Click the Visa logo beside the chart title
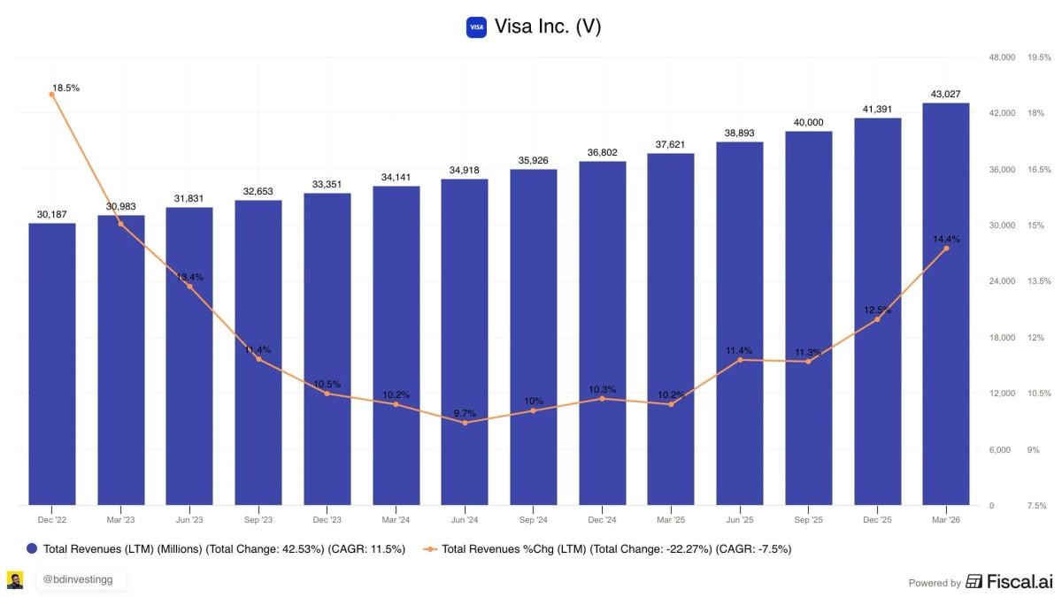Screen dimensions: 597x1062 tap(476, 27)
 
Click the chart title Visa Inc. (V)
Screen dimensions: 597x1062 tap(548, 27)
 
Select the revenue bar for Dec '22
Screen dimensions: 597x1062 tap(52, 363)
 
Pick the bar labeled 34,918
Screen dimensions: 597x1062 tap(465, 341)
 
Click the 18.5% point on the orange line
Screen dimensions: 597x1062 tap(52, 94)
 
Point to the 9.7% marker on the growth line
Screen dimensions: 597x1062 tap(465, 423)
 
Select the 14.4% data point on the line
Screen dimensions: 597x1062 tap(946, 249)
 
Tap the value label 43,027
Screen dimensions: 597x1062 tap(945, 94)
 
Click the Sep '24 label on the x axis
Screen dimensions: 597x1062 tap(534, 520)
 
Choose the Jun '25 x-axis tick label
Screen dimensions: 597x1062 tap(740, 520)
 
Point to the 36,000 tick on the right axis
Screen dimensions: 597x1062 tap(1002, 169)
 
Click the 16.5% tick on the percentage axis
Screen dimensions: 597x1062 tap(1039, 169)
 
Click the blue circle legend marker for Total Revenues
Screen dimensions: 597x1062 tap(33, 549)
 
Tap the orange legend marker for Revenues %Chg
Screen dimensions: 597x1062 tap(430, 549)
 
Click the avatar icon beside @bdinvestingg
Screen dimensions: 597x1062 tap(15, 580)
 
